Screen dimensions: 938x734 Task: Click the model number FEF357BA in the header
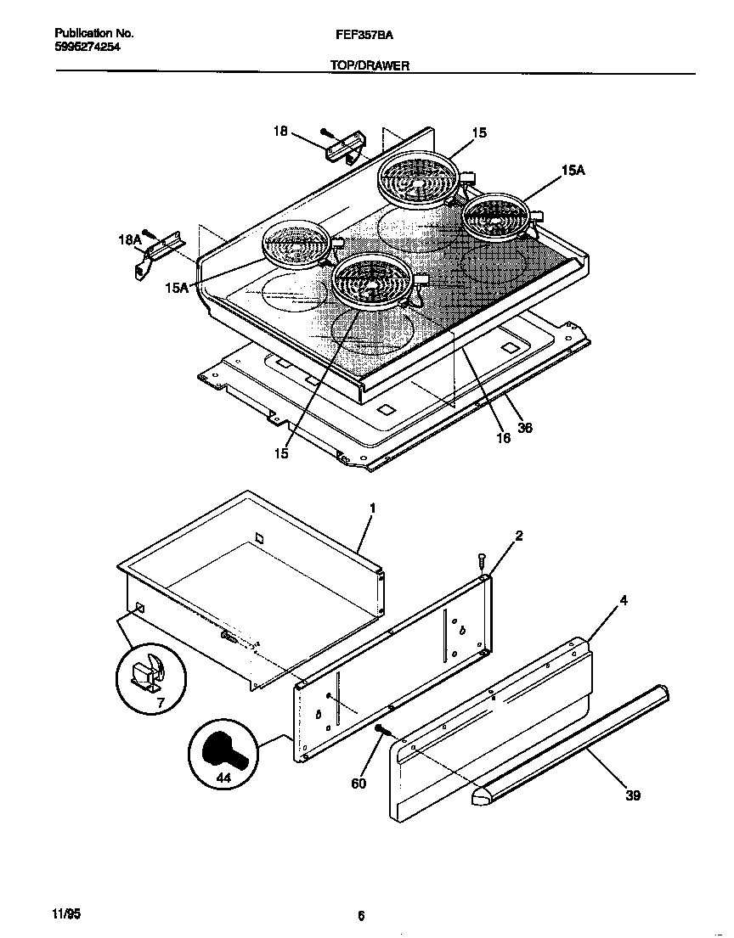[x=364, y=36]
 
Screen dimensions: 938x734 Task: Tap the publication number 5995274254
[x=82, y=48]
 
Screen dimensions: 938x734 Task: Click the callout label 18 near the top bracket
[x=280, y=131]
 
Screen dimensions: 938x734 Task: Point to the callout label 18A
[x=129, y=240]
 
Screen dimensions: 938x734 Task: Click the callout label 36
[x=525, y=429]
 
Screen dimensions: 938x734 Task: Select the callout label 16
[x=503, y=438]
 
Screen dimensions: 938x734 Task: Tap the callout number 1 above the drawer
[x=372, y=508]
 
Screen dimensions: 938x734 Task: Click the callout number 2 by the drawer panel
[x=518, y=536]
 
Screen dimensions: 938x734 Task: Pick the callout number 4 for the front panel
[x=624, y=601]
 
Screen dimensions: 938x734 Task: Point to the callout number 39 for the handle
[x=632, y=795]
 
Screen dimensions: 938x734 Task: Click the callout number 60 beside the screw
[x=359, y=783]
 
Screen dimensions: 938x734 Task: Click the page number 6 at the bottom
[x=361, y=915]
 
